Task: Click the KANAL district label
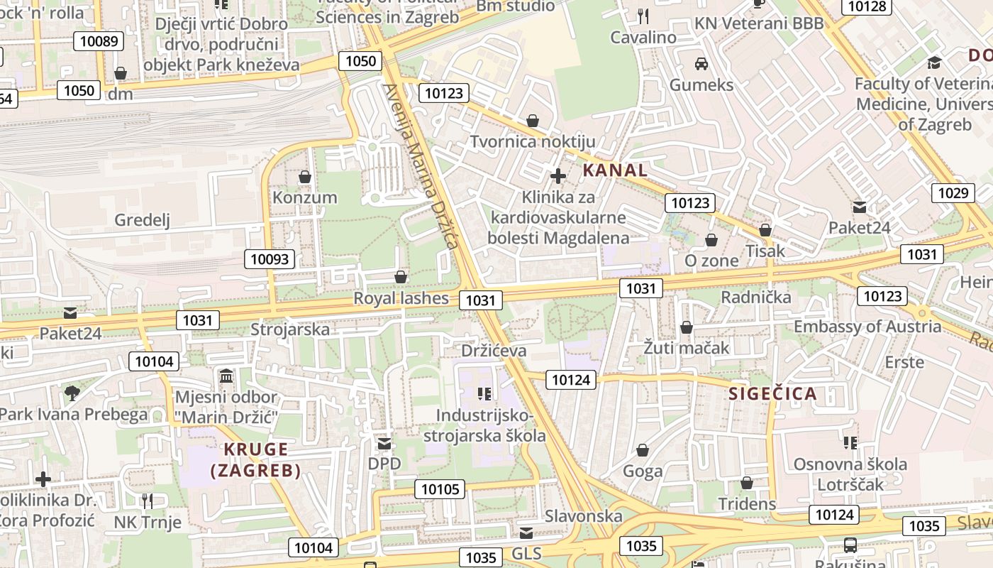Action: (x=615, y=170)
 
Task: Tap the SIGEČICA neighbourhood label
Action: (x=772, y=394)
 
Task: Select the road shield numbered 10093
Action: (x=270, y=259)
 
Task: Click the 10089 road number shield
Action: (x=99, y=40)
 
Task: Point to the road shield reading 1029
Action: (x=952, y=193)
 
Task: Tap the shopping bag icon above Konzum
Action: (x=305, y=177)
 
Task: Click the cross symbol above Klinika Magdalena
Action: (x=558, y=176)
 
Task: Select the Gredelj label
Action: (x=143, y=220)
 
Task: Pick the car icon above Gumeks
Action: (x=701, y=64)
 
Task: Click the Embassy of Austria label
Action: (x=867, y=327)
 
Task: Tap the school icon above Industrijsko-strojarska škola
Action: (x=484, y=393)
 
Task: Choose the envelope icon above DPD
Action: (x=384, y=444)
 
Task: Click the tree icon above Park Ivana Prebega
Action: (x=72, y=393)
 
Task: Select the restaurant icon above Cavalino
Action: (x=643, y=16)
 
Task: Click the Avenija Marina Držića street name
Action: (x=420, y=165)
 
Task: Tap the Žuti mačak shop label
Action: (x=686, y=348)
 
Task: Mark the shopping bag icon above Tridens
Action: (x=747, y=484)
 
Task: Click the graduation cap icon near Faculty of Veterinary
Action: (x=934, y=62)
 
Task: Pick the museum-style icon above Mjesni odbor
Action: (x=226, y=376)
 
